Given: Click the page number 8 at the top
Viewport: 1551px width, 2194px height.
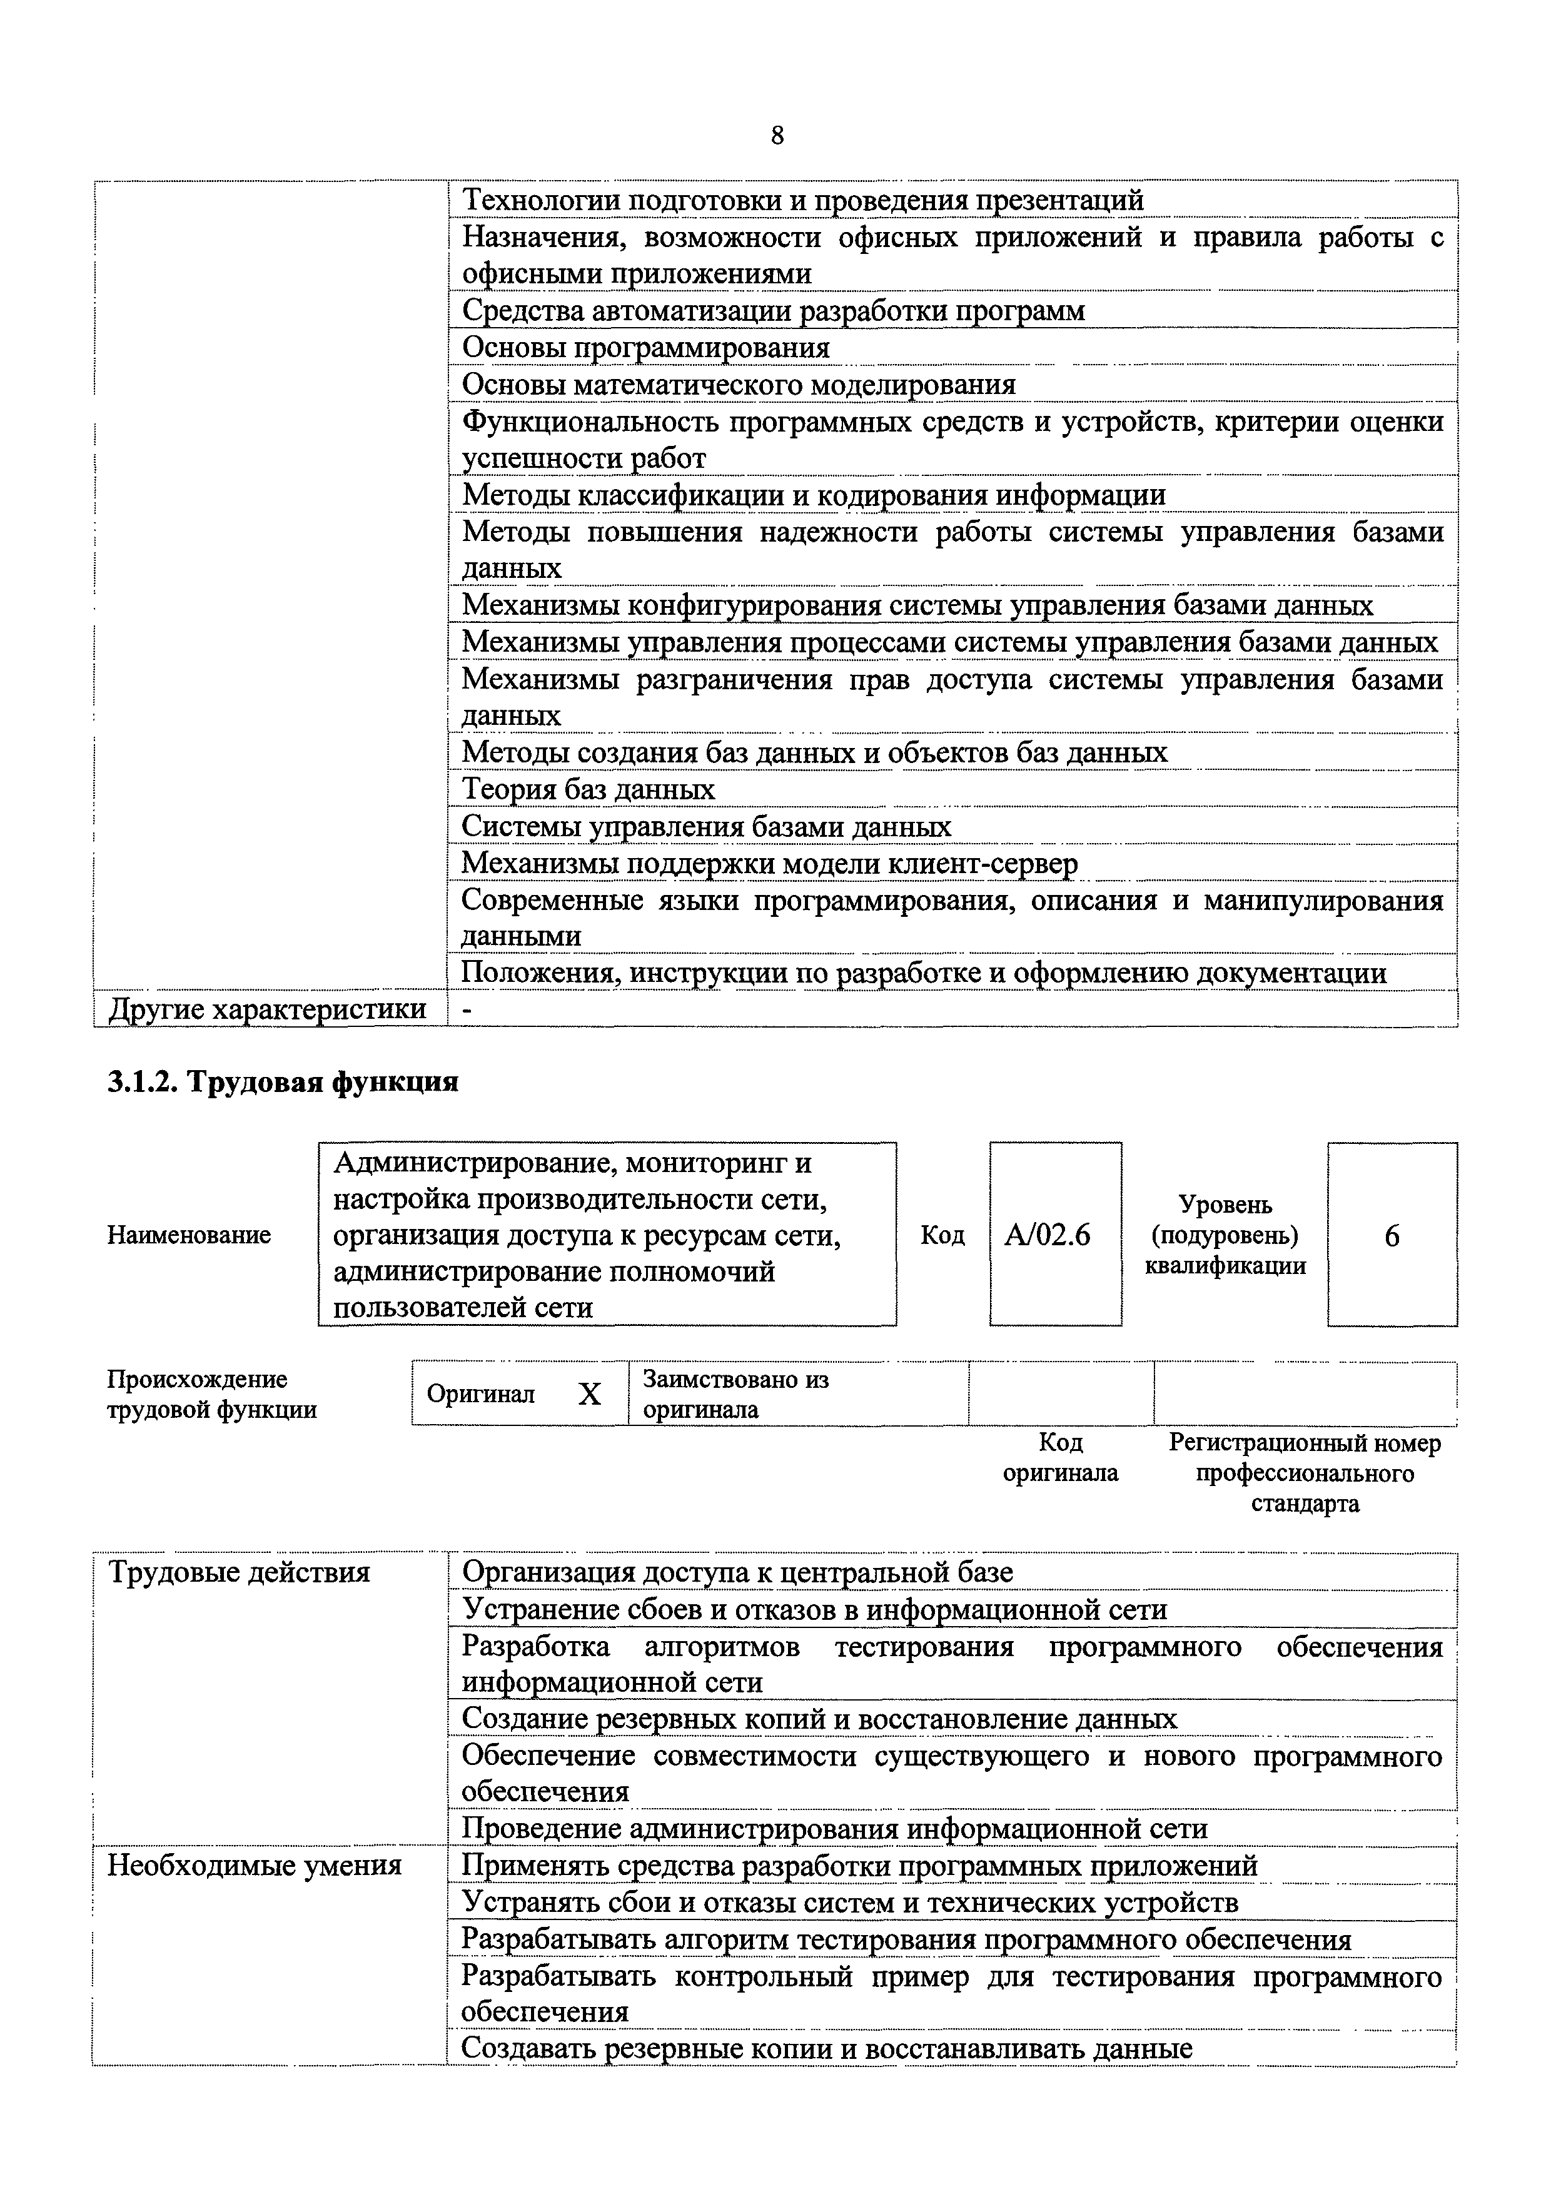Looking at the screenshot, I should [x=777, y=136].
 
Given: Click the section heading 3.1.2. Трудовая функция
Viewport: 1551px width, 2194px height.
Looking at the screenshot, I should [x=283, y=1082].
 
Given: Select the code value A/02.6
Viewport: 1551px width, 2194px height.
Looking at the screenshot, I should [x=1048, y=1236].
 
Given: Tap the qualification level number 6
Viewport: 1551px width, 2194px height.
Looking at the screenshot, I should [x=1392, y=1236].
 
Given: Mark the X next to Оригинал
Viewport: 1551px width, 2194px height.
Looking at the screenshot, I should [x=590, y=1395].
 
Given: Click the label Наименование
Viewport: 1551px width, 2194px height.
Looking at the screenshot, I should [x=189, y=1236].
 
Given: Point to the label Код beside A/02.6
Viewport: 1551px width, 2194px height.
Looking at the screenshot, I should [x=942, y=1236].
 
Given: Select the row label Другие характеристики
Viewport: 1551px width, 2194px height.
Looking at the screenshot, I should [x=268, y=1009].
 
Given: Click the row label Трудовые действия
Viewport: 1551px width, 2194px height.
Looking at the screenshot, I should [x=239, y=1572].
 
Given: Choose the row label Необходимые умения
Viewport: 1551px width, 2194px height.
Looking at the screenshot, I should [x=254, y=1864].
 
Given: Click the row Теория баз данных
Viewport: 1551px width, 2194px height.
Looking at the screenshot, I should [x=589, y=789].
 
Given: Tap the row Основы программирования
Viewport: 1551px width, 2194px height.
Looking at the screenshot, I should [x=646, y=348].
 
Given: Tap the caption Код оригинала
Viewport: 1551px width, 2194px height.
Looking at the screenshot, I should [x=1060, y=1457].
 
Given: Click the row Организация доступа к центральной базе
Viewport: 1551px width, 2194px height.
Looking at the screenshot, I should [x=738, y=1572].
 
